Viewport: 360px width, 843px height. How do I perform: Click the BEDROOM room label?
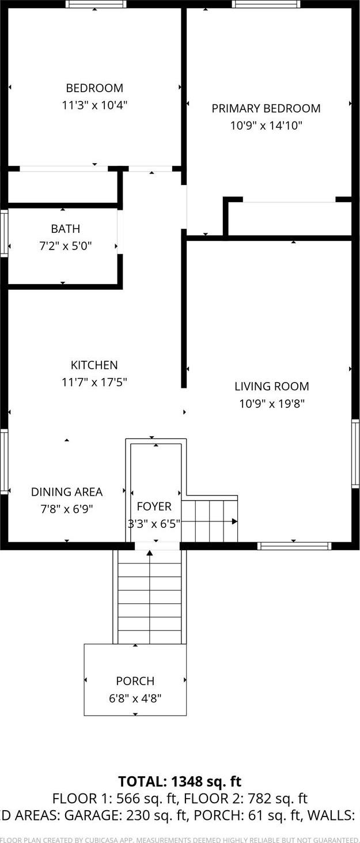tap(94, 88)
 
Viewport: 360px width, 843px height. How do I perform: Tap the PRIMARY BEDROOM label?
tap(266, 108)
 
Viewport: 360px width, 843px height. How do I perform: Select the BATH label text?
tap(65, 229)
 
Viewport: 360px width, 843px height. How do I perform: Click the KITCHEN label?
tap(94, 365)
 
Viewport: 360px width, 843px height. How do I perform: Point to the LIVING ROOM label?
tap(271, 386)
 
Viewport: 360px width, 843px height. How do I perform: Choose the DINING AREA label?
tap(67, 492)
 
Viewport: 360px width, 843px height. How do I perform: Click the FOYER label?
tap(154, 506)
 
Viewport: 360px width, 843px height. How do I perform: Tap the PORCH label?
tap(135, 681)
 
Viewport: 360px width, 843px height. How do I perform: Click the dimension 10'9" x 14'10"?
tap(266, 125)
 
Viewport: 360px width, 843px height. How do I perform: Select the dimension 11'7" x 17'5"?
tap(94, 381)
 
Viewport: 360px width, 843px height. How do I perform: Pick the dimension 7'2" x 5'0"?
tap(65, 246)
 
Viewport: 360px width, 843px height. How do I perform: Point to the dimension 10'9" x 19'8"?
tap(271, 403)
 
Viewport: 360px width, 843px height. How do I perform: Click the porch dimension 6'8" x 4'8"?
tap(135, 698)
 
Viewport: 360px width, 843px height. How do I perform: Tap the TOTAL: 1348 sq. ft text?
tap(180, 781)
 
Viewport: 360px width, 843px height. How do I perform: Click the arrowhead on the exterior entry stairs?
tap(150, 553)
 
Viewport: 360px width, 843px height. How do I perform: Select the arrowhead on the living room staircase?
tap(234, 521)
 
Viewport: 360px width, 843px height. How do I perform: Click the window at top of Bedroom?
tap(96, 4)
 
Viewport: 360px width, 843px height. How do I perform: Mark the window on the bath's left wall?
tap(3, 233)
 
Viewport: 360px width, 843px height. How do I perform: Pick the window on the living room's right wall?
tap(355, 454)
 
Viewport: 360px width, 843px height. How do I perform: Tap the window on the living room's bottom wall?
tap(294, 546)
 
